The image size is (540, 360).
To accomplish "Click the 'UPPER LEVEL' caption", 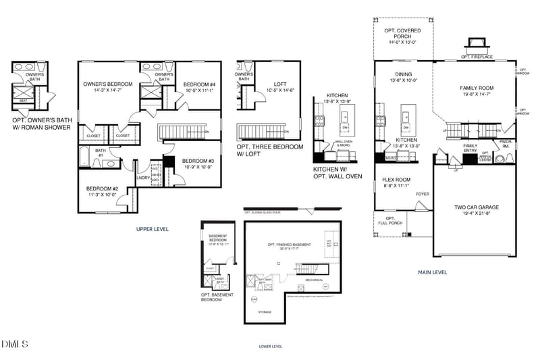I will [153, 229].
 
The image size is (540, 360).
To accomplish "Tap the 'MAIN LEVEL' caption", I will [433, 272].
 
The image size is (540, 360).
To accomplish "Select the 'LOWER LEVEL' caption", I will [270, 346].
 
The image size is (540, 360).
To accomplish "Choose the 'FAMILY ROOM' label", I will [477, 88].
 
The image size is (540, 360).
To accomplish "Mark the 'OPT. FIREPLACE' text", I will [475, 57].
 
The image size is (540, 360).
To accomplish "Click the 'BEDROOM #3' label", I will [198, 161].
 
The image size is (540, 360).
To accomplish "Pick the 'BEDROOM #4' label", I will [199, 84].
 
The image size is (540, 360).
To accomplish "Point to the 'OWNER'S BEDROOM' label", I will [108, 84].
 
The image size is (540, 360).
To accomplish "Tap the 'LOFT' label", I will [271, 84].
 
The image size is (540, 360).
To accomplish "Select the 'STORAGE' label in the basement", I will [265, 311].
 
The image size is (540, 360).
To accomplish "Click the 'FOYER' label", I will [423, 194].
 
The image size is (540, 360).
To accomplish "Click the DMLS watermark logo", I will [15, 344].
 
